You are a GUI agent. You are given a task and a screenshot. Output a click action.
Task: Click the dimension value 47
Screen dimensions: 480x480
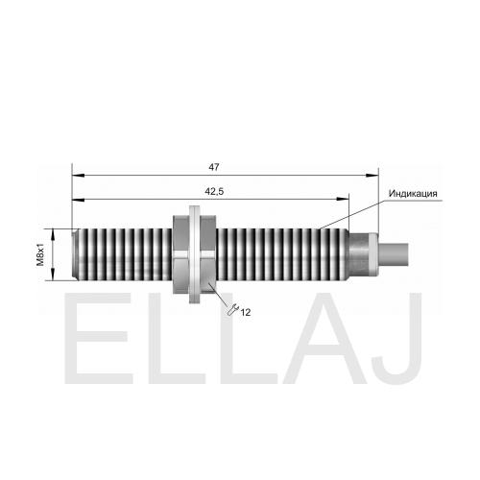tap(214, 167)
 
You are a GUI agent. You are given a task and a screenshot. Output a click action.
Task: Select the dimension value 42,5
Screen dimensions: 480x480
tap(214, 191)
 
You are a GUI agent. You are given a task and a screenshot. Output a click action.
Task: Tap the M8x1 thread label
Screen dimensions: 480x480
tap(40, 254)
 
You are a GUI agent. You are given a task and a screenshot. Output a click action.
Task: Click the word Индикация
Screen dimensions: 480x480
tap(413, 194)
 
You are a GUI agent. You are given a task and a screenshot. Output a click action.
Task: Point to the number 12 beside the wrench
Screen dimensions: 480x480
tap(246, 312)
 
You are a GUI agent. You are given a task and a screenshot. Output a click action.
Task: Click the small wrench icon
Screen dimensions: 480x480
tap(232, 310)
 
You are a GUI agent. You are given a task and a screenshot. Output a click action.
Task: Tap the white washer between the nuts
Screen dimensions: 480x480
tap(195, 254)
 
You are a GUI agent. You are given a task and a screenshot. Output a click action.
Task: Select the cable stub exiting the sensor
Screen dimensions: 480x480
tap(394, 254)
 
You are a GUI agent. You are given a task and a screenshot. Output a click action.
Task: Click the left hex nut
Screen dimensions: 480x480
tap(181, 254)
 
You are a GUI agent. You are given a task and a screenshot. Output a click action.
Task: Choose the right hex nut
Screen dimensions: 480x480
tap(208, 254)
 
